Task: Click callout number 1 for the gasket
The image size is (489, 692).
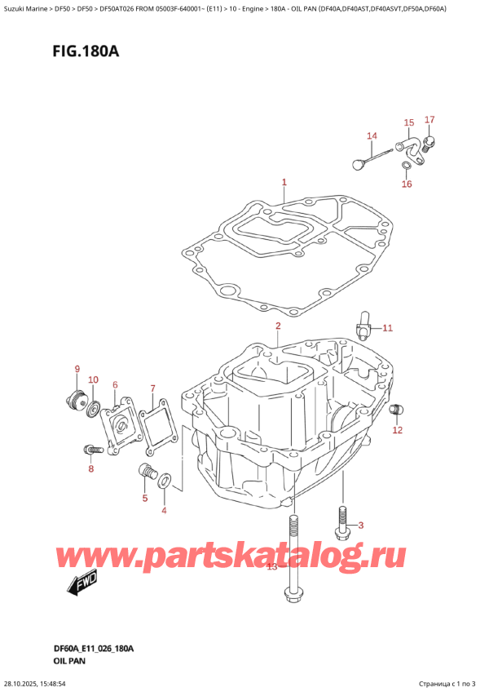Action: click(284, 182)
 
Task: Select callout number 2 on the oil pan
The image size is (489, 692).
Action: click(277, 326)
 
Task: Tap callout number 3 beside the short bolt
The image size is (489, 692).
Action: click(362, 525)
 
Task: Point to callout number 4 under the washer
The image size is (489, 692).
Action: click(163, 511)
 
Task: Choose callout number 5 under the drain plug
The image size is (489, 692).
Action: click(145, 498)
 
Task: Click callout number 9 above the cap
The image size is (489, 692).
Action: click(77, 369)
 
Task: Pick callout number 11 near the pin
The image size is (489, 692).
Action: click(387, 328)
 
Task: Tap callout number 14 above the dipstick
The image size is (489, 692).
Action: click(372, 135)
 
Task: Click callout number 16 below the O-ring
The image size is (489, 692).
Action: click(407, 184)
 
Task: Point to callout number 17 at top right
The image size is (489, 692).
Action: click(430, 121)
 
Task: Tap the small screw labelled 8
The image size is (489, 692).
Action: click(91, 449)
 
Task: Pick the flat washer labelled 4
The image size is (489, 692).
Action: click(164, 481)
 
